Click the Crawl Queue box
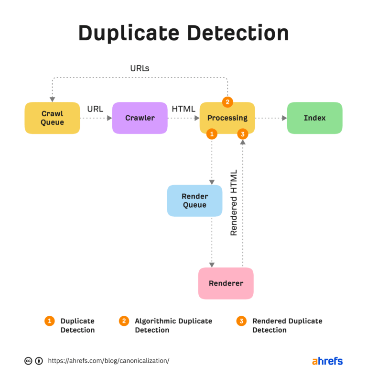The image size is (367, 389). [x=52, y=118]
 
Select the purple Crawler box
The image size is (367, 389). [x=140, y=118]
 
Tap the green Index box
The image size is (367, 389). [x=314, y=118]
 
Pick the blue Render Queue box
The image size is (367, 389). [x=194, y=200]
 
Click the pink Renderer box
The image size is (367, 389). [x=226, y=283]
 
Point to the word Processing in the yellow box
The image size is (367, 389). [x=227, y=118]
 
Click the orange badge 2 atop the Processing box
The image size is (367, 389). [x=227, y=102]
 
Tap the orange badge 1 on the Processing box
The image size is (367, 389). [x=212, y=134]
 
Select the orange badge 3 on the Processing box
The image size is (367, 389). [x=243, y=134]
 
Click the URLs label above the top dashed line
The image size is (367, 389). [x=140, y=68]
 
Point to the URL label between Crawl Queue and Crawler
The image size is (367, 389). [x=95, y=109]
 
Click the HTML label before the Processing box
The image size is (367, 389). [x=183, y=109]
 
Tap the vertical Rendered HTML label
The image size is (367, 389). [x=234, y=202]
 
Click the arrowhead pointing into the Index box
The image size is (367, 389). [x=284, y=118]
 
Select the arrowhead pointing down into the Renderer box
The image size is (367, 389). [x=212, y=265]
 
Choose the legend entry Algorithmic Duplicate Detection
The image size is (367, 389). [x=173, y=325]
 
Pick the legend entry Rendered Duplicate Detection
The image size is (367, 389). [x=287, y=325]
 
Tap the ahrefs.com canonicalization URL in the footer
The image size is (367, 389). [x=108, y=361]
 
